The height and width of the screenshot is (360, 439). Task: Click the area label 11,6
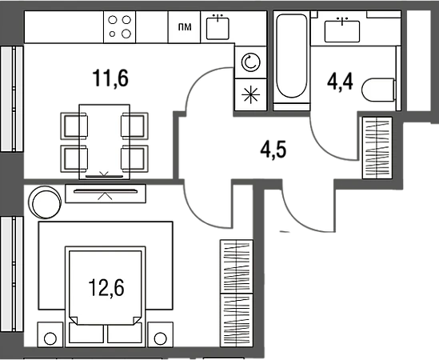point(110,78)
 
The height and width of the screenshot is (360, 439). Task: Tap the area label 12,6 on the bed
point(106,288)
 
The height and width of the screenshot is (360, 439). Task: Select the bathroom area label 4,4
point(340,82)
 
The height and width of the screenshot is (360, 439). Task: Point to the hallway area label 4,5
point(273,150)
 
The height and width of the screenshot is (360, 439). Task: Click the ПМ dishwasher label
point(185,27)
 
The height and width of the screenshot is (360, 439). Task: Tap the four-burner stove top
point(120,27)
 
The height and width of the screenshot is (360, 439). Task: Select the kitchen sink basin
point(218,28)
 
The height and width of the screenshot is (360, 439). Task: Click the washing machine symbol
point(250,62)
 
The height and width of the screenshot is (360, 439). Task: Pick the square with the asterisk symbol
point(250,94)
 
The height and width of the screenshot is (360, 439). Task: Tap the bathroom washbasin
point(342,31)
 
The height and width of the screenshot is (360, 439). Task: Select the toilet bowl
point(378,90)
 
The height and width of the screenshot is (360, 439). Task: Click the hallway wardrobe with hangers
point(377,148)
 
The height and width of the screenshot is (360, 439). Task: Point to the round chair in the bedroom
point(45,202)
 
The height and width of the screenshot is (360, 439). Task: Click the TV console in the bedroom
point(106,194)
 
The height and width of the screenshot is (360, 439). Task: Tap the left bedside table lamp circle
point(50,338)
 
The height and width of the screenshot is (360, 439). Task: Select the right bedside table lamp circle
point(161,338)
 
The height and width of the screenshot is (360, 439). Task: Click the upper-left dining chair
point(74,126)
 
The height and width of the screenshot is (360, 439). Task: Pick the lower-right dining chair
point(134,159)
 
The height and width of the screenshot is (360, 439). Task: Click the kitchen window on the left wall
point(12,99)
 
